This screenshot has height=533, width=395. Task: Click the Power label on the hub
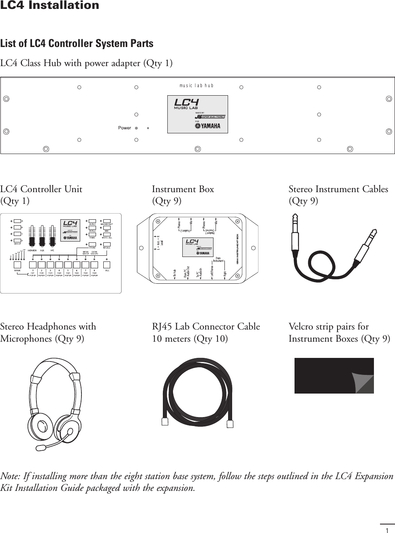coord(124,128)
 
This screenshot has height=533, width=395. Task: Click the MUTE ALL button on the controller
coord(107,238)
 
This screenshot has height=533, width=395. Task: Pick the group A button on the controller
coord(17,221)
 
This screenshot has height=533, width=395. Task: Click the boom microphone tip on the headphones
coord(41,447)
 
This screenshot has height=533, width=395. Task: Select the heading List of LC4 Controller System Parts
coord(77,43)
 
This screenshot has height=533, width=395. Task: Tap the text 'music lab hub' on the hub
coord(196,86)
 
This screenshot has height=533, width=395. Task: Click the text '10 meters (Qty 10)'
coord(190,338)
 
